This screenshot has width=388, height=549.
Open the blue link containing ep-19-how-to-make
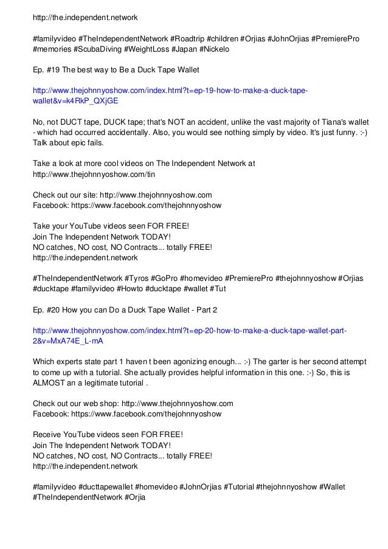click(170, 91)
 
